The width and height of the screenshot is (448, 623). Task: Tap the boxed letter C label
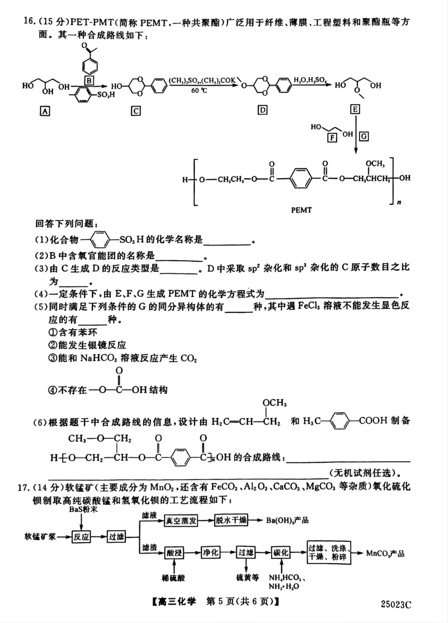[136, 111]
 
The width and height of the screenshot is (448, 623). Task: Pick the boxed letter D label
[262, 110]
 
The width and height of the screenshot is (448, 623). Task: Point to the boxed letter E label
[355, 110]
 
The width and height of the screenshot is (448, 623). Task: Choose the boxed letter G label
[364, 136]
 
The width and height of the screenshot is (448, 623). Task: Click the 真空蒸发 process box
[181, 521]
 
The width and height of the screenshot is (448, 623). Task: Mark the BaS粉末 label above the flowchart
[82, 510]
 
